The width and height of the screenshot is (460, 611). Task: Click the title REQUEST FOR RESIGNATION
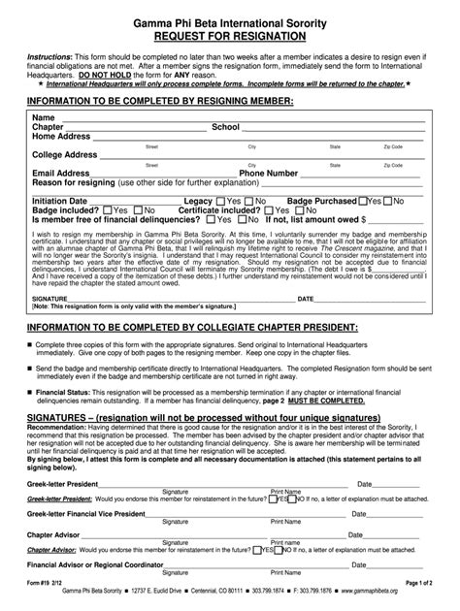(x=231, y=36)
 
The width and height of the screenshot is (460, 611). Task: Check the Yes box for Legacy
(x=220, y=200)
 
